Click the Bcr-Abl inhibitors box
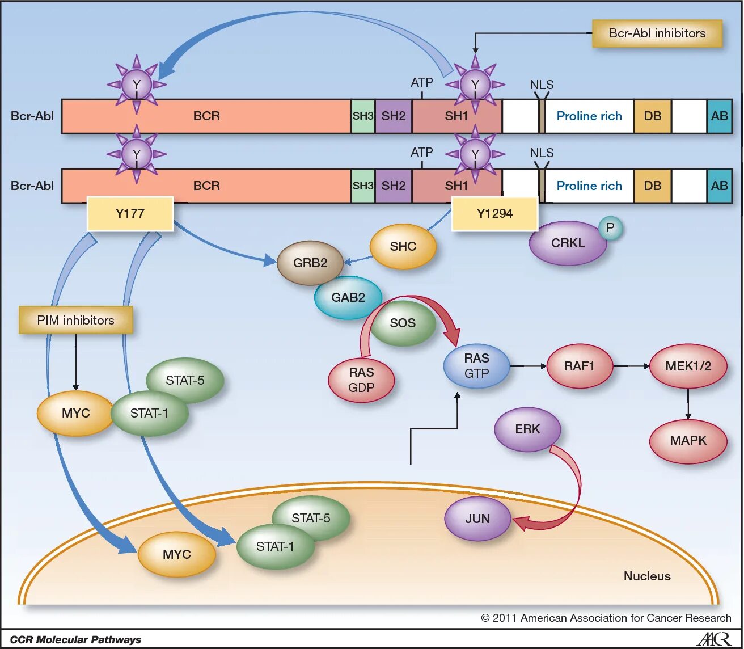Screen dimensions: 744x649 tap(657, 33)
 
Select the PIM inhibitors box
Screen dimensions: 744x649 tap(75, 320)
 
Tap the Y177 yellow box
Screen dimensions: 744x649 tap(130, 213)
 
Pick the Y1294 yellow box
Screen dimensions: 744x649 tap(494, 213)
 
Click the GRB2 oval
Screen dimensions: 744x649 tap(310, 263)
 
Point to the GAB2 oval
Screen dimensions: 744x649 tap(348, 298)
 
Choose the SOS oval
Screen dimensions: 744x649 tap(403, 323)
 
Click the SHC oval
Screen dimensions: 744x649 tap(403, 246)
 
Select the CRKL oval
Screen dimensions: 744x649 tap(568, 243)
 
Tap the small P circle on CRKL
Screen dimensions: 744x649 tap(610, 227)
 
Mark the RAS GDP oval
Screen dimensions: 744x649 tap(361, 380)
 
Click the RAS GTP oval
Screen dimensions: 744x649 tap(477, 366)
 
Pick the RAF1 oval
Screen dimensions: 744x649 tap(580, 366)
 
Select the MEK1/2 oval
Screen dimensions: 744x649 tap(688, 366)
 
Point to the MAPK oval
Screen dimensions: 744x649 tap(688, 441)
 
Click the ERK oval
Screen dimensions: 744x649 tap(527, 429)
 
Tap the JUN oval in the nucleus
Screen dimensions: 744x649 tap(477, 519)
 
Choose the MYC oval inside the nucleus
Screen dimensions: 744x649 tap(177, 554)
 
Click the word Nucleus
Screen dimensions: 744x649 tap(647, 576)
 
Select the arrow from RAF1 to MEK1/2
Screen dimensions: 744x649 tap(632, 366)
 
